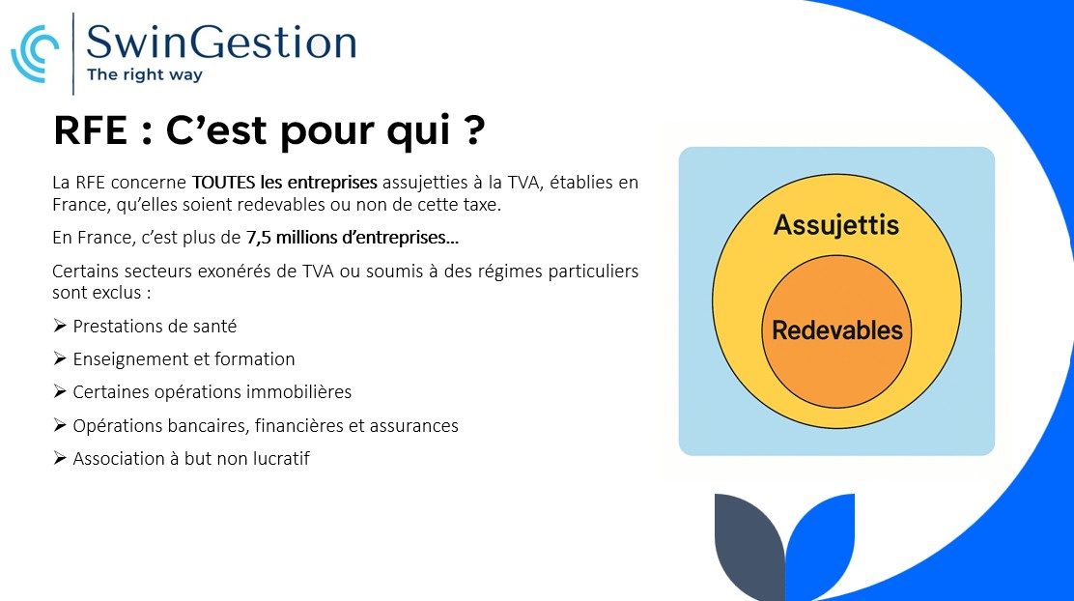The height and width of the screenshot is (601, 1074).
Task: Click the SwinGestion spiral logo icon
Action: [34, 53]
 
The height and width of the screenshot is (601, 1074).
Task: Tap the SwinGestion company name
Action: [221, 42]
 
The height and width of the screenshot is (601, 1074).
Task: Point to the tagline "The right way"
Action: [145, 74]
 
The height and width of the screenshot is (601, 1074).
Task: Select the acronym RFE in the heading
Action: [91, 130]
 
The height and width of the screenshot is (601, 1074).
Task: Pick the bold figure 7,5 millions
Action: [293, 237]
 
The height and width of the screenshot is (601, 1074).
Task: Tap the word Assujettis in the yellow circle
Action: [836, 225]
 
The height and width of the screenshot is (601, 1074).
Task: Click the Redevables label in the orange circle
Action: [837, 330]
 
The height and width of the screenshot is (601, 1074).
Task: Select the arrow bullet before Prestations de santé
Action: [60, 326]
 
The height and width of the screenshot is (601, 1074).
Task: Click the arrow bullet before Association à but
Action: [60, 458]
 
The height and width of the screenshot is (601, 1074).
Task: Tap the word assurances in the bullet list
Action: [413, 425]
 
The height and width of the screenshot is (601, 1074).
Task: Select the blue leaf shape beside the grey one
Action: [820, 545]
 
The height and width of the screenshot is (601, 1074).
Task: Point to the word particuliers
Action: [595, 272]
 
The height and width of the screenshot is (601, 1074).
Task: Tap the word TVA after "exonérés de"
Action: [319, 272]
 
